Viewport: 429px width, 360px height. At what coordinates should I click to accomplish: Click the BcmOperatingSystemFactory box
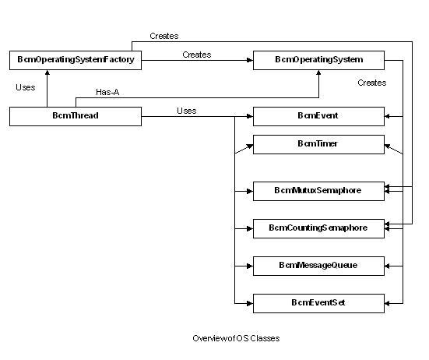coord(76,59)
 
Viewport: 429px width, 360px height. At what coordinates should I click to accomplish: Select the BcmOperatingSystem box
coord(318,59)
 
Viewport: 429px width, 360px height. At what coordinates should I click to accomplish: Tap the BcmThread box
coord(76,116)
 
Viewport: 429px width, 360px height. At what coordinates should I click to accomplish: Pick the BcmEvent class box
coord(318,116)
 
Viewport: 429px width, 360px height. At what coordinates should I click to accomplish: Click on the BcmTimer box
coord(318,144)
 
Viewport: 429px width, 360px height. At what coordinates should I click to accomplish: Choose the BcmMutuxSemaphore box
coord(318,190)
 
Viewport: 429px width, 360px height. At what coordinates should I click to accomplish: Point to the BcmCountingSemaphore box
coord(318,228)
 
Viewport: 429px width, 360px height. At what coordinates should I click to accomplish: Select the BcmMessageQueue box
coord(318,266)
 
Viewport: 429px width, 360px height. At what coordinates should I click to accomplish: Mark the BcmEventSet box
coord(318,302)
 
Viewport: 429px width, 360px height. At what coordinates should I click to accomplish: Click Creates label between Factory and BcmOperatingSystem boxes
coord(196,55)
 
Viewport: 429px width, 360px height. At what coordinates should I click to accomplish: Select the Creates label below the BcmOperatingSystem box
coord(371,83)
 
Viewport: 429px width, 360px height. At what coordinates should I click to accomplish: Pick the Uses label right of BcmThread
coord(187,111)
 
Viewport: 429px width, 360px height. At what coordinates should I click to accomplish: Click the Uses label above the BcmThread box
coord(25,87)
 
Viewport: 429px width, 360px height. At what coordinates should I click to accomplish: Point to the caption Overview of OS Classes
coord(235,338)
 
